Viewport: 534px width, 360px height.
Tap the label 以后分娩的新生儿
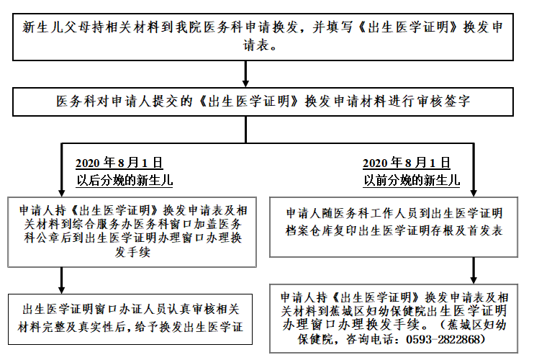[x=125, y=180]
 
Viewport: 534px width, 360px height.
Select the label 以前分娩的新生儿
[x=412, y=180]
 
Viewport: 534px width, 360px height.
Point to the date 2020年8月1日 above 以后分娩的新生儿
[x=119, y=163]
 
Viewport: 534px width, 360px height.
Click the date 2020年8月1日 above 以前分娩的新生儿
[x=407, y=163]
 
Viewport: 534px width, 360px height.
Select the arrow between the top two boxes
[x=245, y=74]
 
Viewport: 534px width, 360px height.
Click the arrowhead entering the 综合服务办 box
[x=62, y=192]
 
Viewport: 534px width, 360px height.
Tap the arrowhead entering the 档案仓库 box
[x=474, y=192]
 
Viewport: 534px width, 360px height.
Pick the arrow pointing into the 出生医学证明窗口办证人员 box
[x=62, y=280]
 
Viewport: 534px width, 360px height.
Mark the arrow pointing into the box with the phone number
[x=474, y=271]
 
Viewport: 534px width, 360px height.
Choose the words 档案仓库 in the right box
[x=309, y=230]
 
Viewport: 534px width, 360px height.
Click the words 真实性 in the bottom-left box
[x=96, y=327]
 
